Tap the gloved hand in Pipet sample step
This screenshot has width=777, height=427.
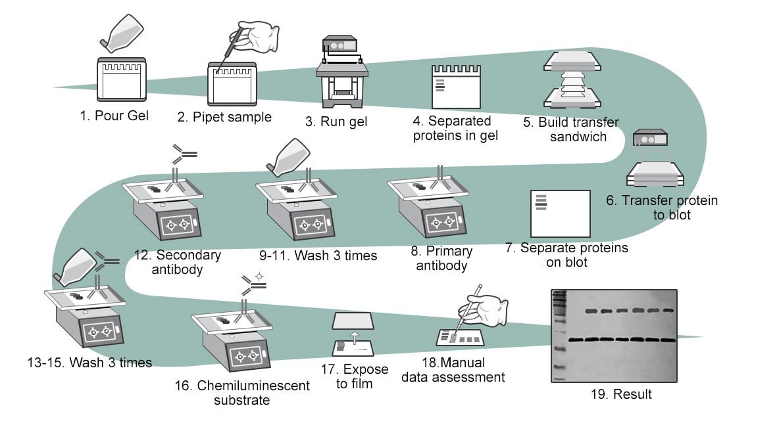point(259,37)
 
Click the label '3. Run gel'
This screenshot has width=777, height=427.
point(345,121)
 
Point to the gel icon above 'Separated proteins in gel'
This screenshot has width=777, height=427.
point(456,86)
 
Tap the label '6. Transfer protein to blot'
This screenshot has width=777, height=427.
point(661,207)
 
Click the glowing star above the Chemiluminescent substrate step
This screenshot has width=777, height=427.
point(259,277)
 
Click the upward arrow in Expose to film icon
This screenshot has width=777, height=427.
point(354,338)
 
